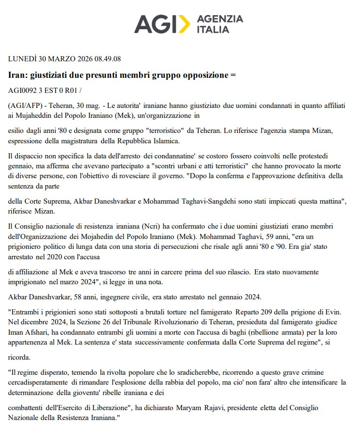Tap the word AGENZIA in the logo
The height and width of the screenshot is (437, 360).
[x=220, y=19]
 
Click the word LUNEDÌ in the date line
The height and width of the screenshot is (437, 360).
[x=23, y=59]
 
